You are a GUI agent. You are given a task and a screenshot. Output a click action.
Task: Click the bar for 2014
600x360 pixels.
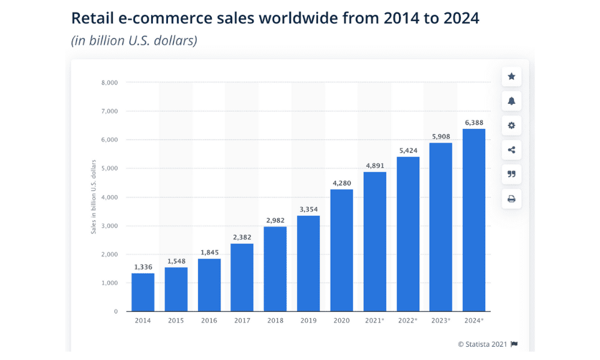(x=143, y=292)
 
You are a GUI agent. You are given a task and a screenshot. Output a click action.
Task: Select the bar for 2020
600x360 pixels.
(x=341, y=250)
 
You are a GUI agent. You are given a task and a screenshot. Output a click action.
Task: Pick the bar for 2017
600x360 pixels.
(x=242, y=277)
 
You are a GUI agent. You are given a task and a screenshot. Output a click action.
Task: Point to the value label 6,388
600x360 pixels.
(x=474, y=123)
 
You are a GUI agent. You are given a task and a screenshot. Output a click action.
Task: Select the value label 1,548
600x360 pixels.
(x=176, y=262)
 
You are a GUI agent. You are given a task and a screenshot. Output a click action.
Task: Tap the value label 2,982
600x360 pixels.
(x=275, y=221)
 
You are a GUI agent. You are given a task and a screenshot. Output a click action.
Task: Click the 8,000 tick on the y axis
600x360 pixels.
(x=109, y=82)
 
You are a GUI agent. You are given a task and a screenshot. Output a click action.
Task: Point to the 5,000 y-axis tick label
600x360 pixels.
(x=109, y=169)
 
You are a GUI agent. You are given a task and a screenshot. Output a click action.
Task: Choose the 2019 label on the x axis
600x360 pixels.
(x=308, y=320)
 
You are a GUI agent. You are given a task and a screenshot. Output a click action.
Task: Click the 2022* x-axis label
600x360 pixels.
(x=407, y=320)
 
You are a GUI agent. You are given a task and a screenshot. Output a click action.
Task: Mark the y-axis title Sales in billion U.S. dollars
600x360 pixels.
(x=94, y=197)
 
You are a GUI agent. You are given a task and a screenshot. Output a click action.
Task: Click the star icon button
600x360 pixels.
(x=511, y=77)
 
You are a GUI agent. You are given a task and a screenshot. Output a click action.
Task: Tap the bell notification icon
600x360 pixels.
(x=511, y=101)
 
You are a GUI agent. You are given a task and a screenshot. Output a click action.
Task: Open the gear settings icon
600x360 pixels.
(x=511, y=125)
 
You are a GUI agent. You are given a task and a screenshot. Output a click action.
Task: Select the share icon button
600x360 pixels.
(x=511, y=150)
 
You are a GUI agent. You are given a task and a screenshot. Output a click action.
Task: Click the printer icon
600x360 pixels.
(x=511, y=199)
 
